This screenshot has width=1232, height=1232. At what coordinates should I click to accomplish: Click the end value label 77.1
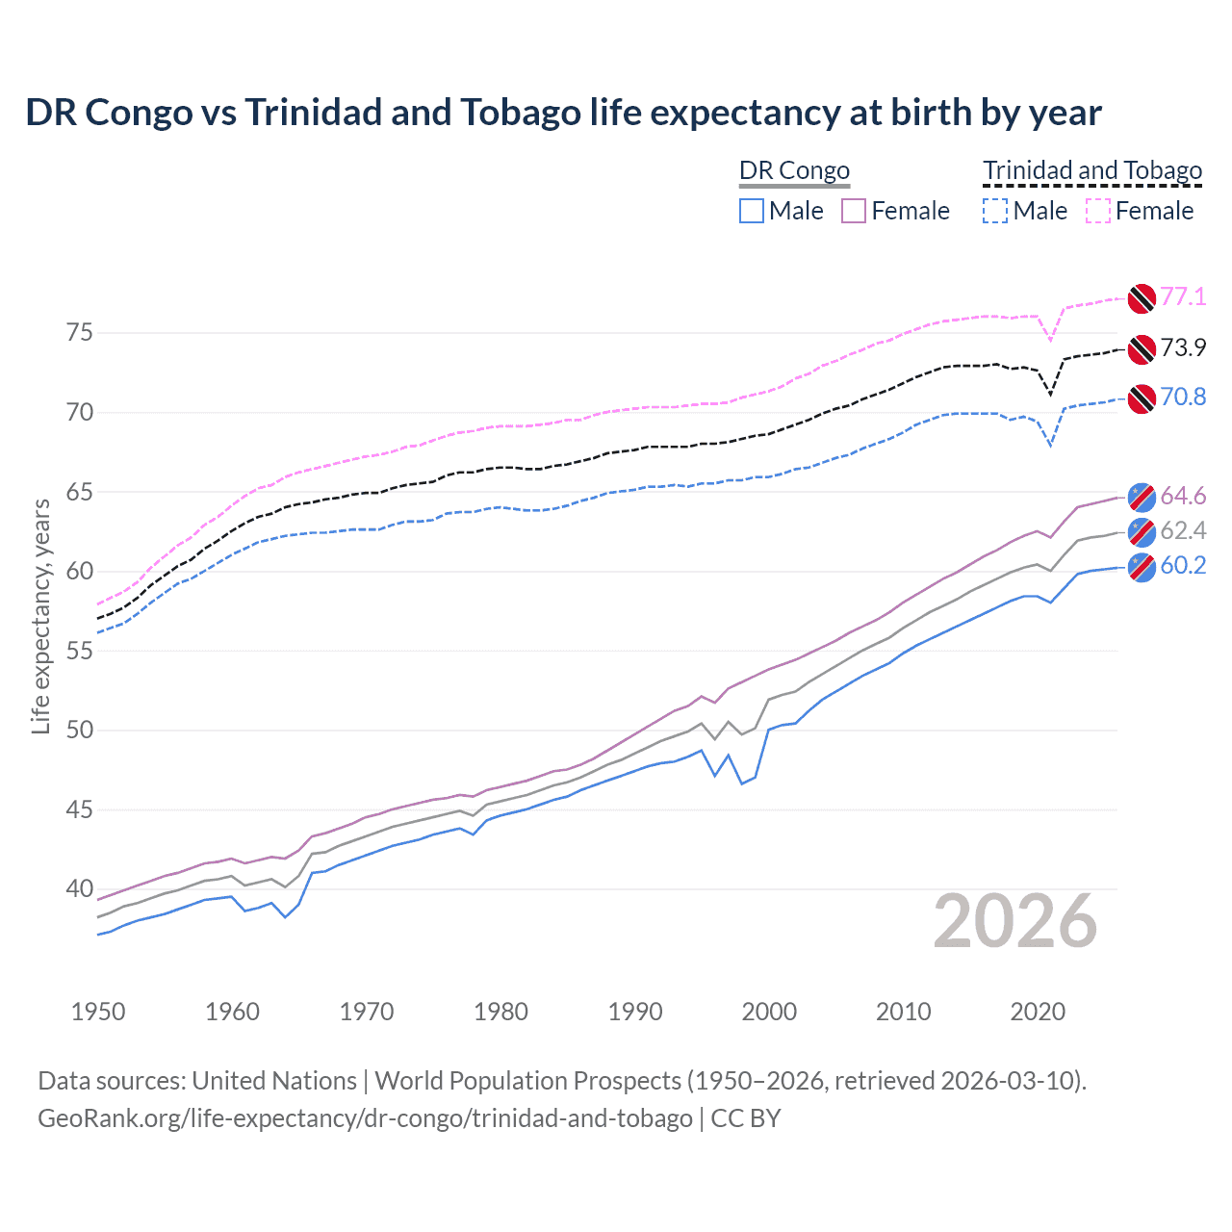[1183, 296]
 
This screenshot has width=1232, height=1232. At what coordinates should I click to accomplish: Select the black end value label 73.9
[1183, 347]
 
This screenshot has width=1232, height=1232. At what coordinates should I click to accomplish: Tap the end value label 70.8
[1183, 397]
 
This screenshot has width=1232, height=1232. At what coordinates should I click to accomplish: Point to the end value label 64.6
[1183, 496]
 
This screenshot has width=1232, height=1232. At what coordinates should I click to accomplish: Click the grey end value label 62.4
[1183, 530]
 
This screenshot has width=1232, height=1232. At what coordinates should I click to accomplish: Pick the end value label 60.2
[1183, 565]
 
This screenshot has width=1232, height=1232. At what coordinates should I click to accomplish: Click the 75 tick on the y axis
[80, 333]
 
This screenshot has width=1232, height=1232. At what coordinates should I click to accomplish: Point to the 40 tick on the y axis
[80, 888]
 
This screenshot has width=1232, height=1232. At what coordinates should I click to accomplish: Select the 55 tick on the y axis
[80, 651]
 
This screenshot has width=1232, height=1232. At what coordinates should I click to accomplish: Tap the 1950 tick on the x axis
[98, 1012]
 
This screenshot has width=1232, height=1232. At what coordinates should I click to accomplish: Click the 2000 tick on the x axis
[769, 1012]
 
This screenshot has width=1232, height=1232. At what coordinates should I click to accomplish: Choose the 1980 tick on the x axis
[500, 1012]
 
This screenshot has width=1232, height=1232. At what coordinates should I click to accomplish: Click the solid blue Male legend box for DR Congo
[752, 211]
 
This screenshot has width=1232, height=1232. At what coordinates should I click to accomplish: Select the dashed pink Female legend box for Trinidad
[1098, 211]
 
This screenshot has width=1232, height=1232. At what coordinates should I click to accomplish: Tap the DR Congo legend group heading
[794, 170]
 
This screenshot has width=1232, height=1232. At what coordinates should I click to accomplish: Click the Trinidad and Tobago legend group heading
[1092, 170]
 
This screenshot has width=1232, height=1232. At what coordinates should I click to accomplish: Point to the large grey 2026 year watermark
[1014, 921]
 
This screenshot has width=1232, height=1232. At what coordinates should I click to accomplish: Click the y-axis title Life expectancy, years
[40, 617]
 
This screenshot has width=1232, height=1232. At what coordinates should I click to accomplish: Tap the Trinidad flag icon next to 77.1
[1141, 298]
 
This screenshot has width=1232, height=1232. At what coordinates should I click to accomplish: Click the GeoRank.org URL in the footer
[365, 1118]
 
